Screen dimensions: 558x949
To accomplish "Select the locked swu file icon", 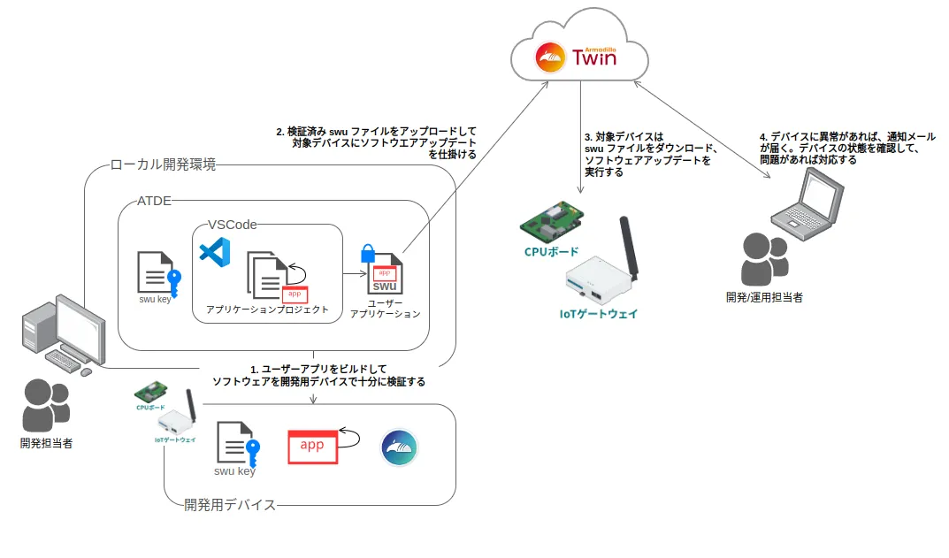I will (383, 271).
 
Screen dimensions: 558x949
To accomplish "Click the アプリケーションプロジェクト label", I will (267, 310).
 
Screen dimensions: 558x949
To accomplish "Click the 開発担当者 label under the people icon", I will (46, 443).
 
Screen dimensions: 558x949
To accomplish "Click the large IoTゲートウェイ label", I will (598, 314).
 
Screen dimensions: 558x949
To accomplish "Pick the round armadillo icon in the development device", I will (399, 448).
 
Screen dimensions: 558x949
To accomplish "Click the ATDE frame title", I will (154, 202).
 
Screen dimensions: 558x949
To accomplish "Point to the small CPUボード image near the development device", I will (150, 392).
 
